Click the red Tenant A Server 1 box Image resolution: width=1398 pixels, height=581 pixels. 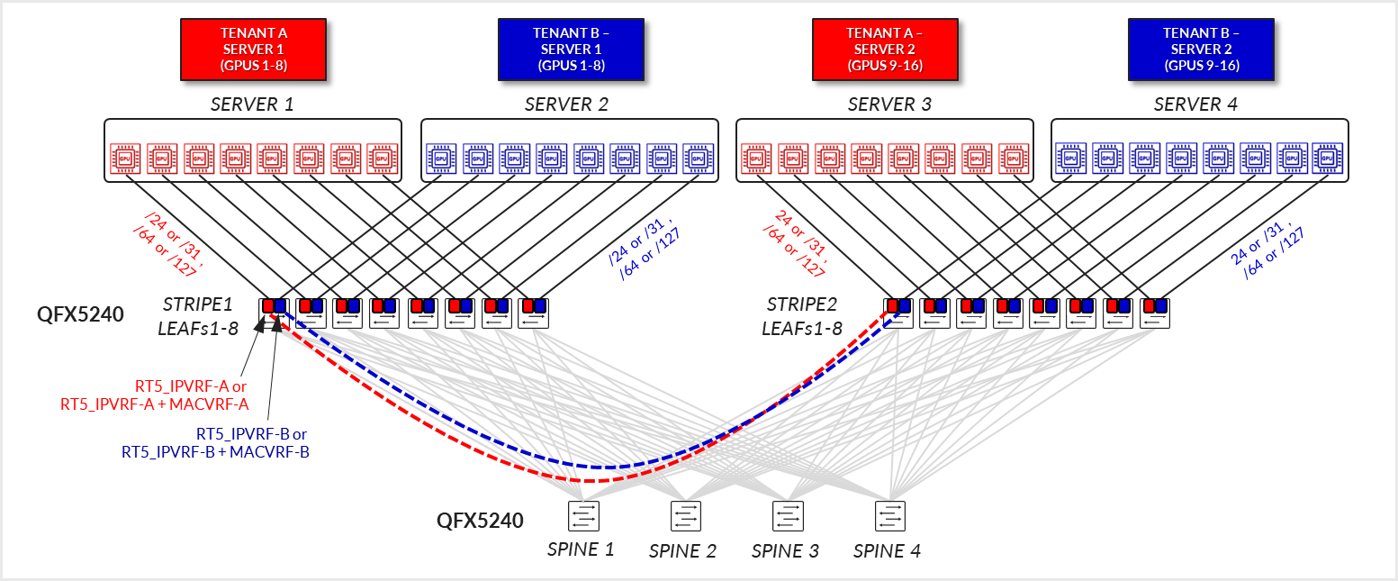(254, 49)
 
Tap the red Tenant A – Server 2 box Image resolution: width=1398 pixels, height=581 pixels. (885, 49)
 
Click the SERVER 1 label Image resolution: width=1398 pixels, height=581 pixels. (252, 104)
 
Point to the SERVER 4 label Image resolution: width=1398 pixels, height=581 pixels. (1195, 104)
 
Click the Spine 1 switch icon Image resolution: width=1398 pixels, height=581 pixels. (583, 516)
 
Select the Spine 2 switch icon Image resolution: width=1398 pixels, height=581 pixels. (685, 516)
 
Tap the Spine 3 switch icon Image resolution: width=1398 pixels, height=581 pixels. (788, 516)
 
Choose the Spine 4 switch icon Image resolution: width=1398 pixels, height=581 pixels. (890, 516)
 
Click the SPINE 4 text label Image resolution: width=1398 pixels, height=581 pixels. (887, 550)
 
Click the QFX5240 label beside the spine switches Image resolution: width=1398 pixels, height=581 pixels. (480, 521)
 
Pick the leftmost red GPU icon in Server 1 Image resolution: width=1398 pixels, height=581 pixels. (125, 159)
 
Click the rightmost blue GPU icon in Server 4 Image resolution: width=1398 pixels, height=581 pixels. (1327, 159)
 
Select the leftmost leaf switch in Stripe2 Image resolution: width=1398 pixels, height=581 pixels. (897, 313)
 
